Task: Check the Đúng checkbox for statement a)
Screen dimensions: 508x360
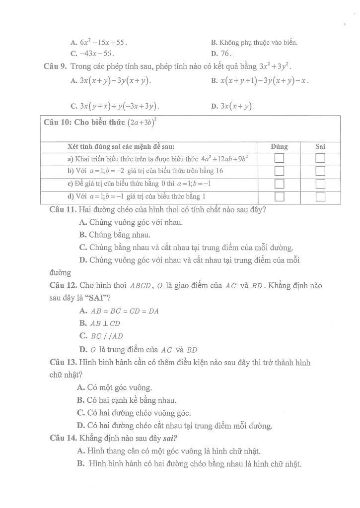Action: [280, 159]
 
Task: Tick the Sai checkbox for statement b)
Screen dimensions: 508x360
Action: [320, 171]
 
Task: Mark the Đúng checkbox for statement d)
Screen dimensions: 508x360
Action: [280, 196]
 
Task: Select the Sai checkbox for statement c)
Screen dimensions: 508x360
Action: [320, 184]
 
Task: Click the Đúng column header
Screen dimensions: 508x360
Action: [280, 147]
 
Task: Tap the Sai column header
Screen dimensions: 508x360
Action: [320, 147]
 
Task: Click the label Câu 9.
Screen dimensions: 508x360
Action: [55, 66]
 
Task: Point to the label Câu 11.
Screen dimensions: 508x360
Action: [63, 209]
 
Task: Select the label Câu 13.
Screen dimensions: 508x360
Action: [63, 363]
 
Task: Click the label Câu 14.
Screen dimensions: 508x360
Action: [63, 439]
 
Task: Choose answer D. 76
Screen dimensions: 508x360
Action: [221, 54]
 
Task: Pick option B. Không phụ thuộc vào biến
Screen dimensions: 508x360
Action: [254, 43]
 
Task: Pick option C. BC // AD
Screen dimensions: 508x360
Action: [100, 336]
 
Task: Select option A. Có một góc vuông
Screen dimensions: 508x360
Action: [115, 387]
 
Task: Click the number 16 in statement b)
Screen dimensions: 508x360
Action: [219, 171]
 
